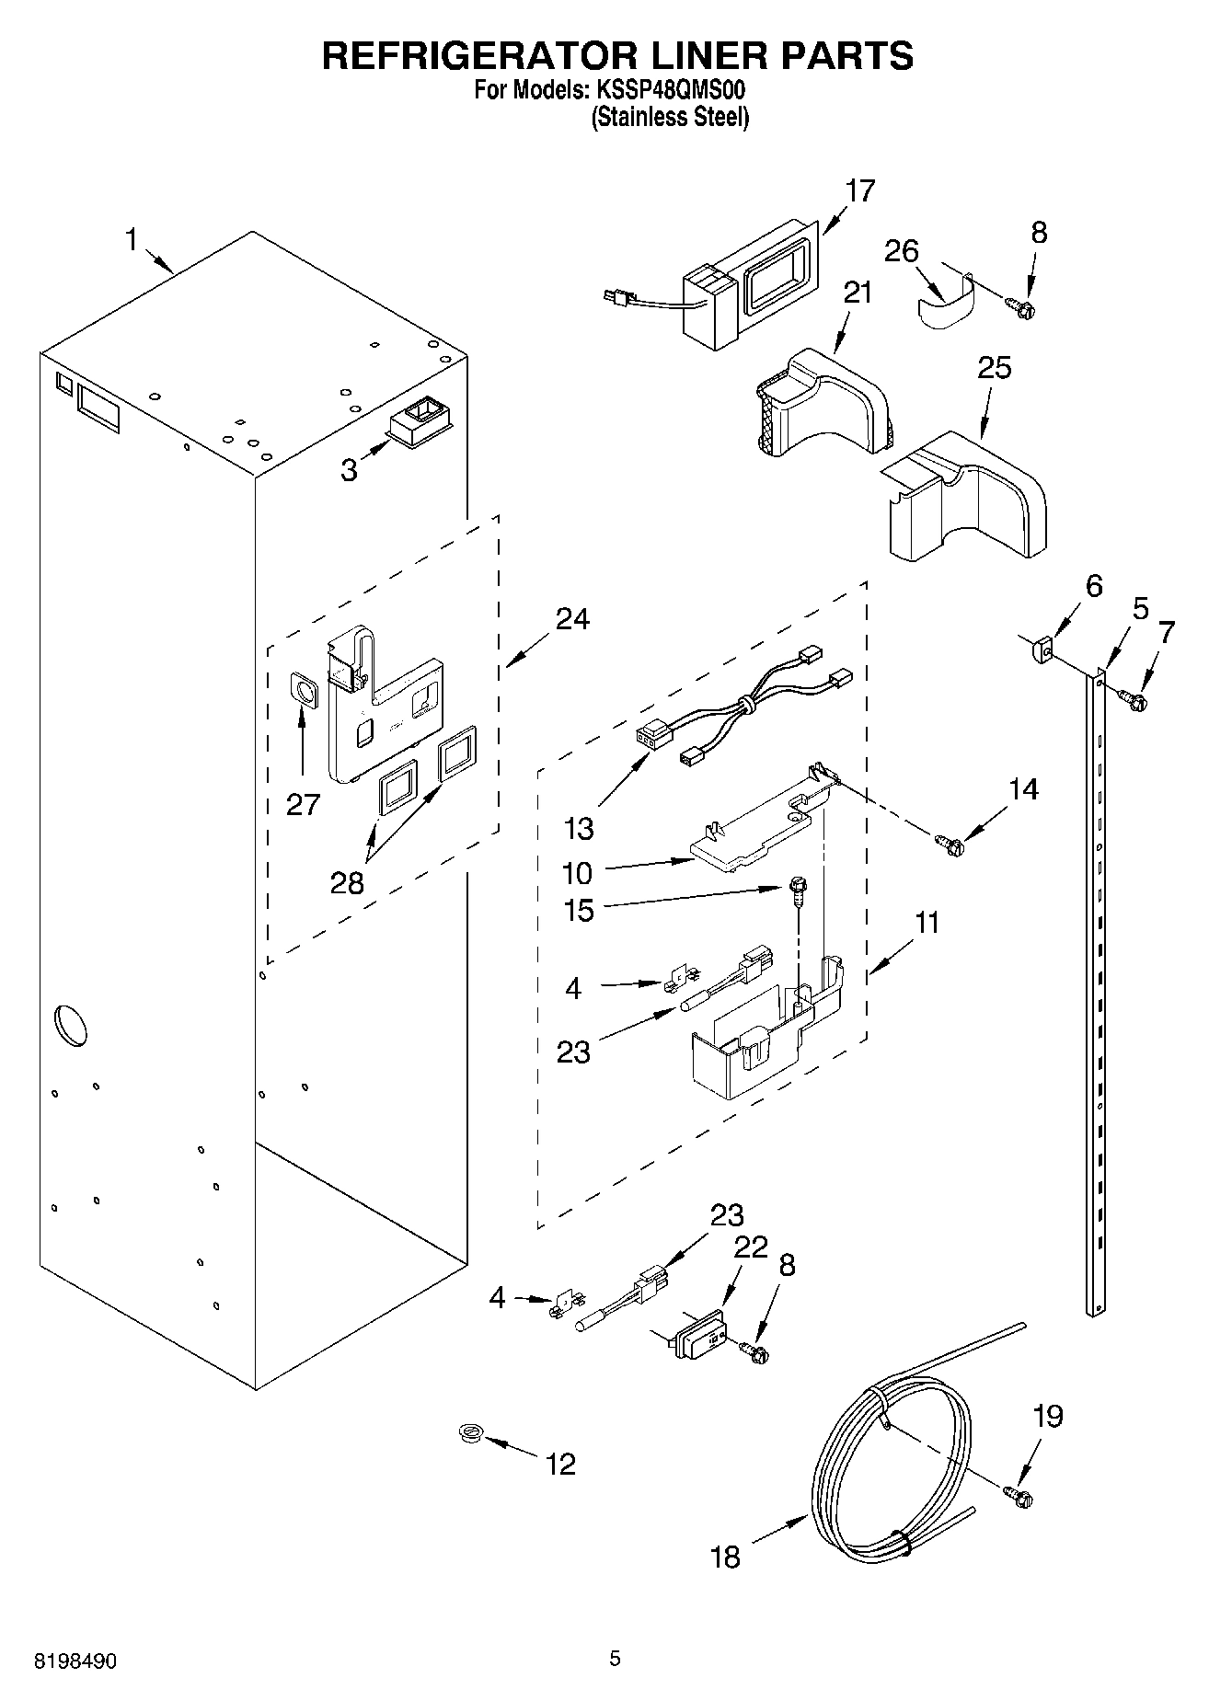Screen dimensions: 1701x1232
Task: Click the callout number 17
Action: point(859,190)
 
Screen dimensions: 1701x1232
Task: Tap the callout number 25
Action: point(994,367)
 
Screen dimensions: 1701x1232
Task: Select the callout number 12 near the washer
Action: point(561,1464)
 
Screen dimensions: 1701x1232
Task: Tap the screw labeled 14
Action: point(949,842)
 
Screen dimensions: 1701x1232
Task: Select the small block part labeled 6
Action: point(1042,649)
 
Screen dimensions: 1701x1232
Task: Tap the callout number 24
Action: point(572,619)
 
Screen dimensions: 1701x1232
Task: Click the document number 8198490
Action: point(75,1661)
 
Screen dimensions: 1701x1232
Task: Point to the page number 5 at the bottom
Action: point(615,1659)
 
